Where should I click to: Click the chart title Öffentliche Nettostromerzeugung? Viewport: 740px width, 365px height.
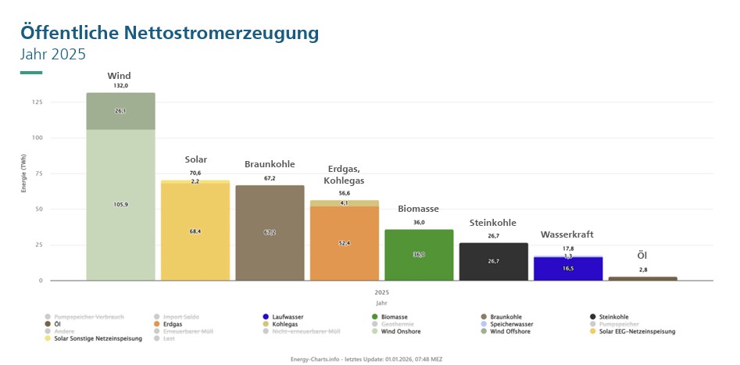(x=170, y=33)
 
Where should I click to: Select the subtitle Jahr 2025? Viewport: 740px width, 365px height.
(x=52, y=55)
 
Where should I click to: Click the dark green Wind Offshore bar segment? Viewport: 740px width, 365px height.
(x=120, y=111)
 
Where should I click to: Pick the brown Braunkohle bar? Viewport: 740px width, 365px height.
(x=270, y=232)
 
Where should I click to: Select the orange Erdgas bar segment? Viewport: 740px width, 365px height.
(x=344, y=242)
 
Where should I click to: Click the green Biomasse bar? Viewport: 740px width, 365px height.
(x=419, y=254)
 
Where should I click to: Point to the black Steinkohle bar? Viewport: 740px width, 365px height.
(x=493, y=261)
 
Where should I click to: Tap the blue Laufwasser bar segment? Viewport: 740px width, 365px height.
(x=568, y=268)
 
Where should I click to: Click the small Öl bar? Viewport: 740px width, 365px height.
(x=642, y=278)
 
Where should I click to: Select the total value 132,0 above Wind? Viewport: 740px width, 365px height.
(x=120, y=86)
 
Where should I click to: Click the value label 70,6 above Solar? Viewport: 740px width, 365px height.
(x=195, y=173)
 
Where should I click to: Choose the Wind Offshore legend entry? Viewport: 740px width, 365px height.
(x=509, y=331)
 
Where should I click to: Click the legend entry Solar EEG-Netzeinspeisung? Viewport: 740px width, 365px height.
(x=637, y=331)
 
